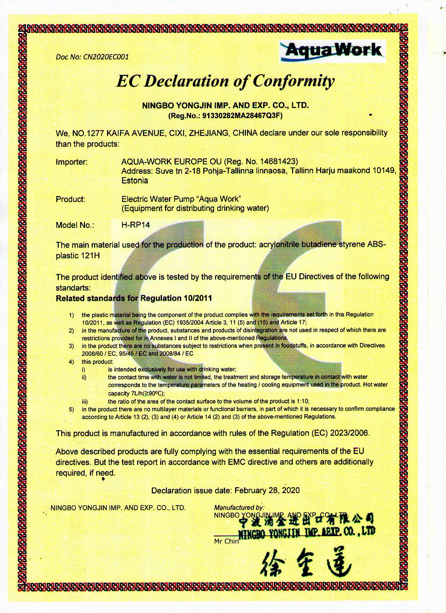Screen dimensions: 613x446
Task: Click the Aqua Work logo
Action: [333, 51]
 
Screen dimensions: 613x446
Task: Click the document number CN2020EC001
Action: [105, 57]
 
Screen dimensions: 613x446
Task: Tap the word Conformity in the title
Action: [293, 81]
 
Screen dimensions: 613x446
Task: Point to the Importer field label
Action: [71, 162]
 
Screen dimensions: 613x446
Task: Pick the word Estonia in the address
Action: [135, 181]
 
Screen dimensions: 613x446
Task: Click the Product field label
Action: [70, 200]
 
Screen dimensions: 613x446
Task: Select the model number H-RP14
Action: [135, 225]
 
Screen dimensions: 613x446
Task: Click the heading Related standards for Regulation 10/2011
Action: [134, 298]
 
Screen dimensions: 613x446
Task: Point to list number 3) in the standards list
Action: [71, 346]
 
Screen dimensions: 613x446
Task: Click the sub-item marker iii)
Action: [85, 401]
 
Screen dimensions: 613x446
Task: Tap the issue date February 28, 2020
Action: [267, 490]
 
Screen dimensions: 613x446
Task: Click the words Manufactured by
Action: [239, 507]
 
